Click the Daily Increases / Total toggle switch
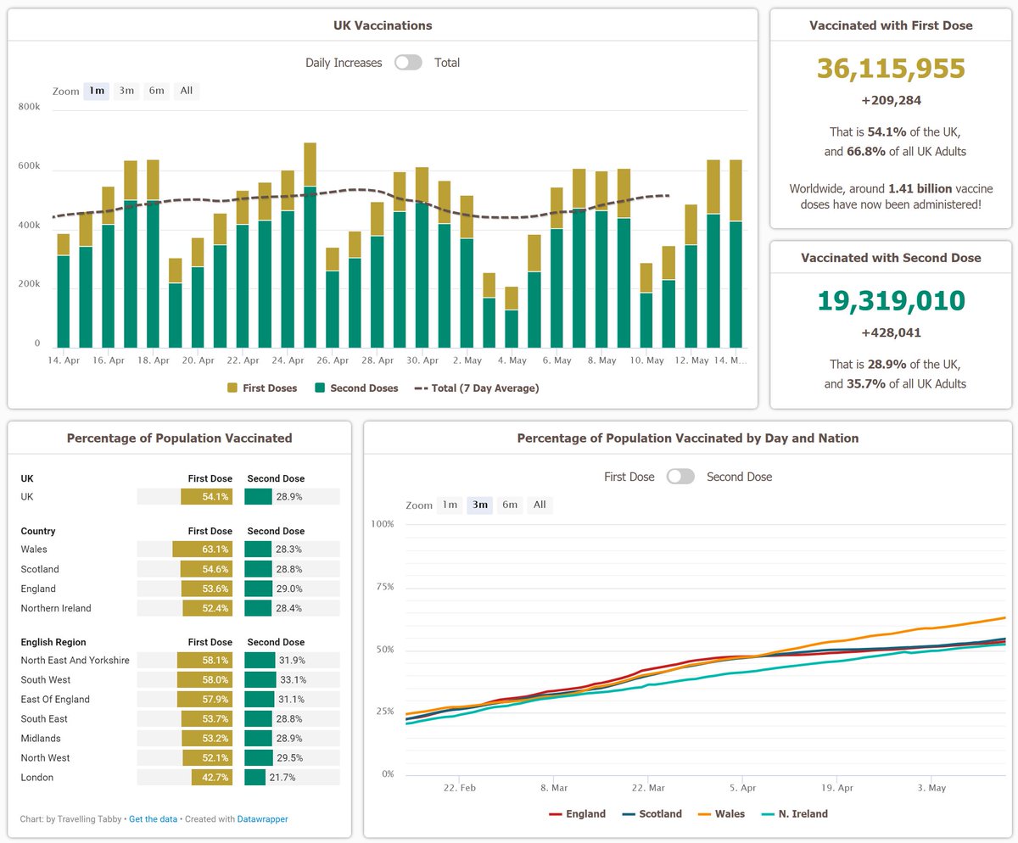408,63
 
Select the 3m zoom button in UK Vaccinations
126,91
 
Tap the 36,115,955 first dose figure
891,69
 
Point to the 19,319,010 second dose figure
891,300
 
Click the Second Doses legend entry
356,388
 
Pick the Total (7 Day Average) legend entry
476,388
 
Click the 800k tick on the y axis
29,106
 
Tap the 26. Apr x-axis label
332,360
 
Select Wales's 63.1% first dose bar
202,550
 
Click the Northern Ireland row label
56,608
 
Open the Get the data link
154,819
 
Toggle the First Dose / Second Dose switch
680,477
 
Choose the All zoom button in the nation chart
540,505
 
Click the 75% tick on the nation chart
383,587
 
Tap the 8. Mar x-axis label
553,788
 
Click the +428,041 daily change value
891,332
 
